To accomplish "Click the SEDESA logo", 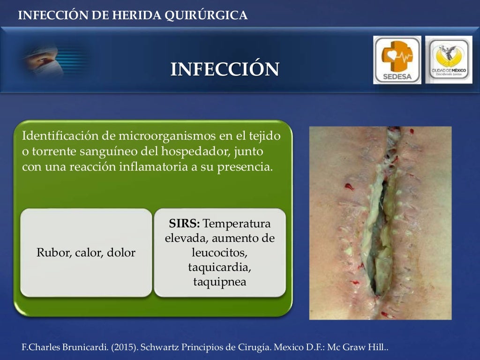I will (x=397, y=60).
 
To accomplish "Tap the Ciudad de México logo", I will (x=448, y=60).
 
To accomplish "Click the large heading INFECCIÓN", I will (x=225, y=69).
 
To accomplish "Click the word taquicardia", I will (x=219, y=268).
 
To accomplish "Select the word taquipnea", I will (x=219, y=282).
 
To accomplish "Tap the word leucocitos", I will (x=219, y=253).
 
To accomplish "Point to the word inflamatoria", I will (x=147, y=167).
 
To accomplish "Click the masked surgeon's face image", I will (x=47, y=61).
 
